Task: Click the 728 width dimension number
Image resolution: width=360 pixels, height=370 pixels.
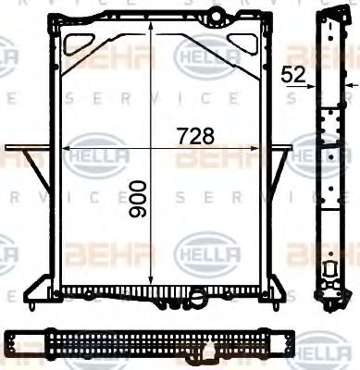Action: pos(195,135)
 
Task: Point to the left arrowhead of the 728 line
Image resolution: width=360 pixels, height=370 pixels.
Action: pos(68,147)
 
